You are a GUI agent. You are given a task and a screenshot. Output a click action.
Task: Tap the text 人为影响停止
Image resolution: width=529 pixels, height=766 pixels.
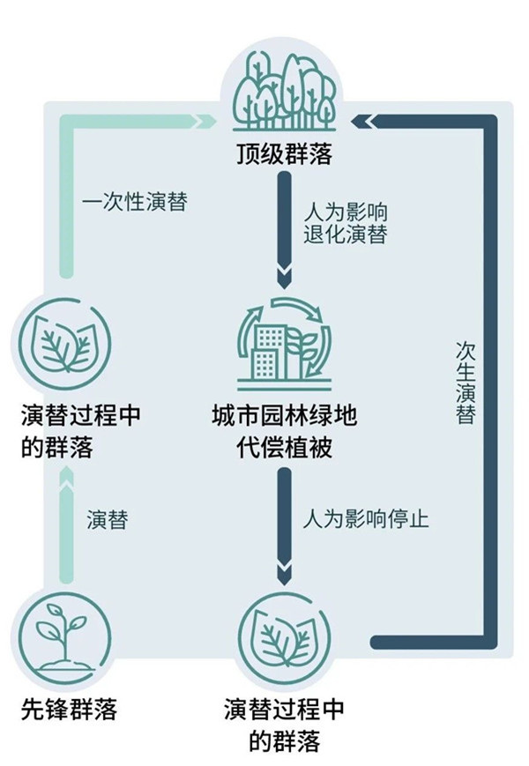(364, 517)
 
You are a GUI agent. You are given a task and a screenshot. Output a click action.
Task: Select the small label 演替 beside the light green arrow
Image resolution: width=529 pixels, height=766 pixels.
(107, 519)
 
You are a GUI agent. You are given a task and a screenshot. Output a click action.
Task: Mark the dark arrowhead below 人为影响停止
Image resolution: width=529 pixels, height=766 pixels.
(284, 575)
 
